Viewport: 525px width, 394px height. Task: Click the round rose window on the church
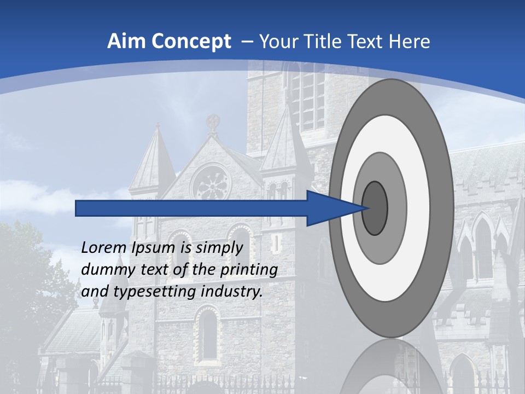click(x=211, y=183)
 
